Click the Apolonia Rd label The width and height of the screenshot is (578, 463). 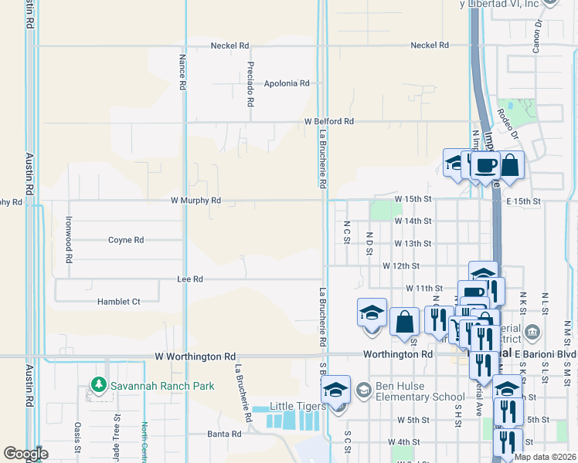point(286,83)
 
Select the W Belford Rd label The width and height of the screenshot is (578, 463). point(328,122)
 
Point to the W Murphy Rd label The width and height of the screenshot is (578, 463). point(195,201)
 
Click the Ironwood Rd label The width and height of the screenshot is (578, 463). point(69,241)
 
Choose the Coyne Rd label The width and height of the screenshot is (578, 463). point(126,240)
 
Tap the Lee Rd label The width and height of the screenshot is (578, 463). point(189,279)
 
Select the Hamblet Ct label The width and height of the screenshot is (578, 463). point(118,302)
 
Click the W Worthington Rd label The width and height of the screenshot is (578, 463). point(195,357)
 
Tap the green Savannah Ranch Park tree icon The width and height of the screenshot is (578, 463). point(97,384)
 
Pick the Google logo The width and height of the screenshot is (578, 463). point(26,454)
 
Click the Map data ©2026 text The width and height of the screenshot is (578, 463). point(544,457)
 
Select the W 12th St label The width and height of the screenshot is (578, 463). point(400,265)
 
